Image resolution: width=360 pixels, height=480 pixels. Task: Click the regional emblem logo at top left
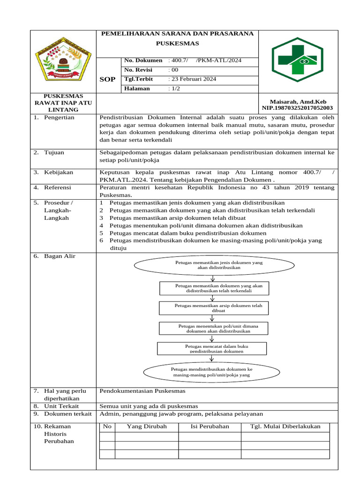pyautogui.click(x=63, y=61)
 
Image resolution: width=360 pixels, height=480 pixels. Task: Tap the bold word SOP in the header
pyautogui.click(x=107, y=79)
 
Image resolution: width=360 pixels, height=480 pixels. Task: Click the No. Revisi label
pyautogui.click(x=138, y=69)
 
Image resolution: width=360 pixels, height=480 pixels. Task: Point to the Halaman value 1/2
pyautogui.click(x=174, y=88)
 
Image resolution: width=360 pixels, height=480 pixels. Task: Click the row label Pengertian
pyautogui.click(x=59, y=117)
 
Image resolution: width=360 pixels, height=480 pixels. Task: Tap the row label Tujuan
pyautogui.click(x=54, y=152)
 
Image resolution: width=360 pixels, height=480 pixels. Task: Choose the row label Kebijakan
pyautogui.click(x=59, y=172)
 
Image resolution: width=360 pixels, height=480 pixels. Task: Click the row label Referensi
pyautogui.click(x=58, y=187)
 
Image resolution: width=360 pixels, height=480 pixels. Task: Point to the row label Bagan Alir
pyautogui.click(x=60, y=256)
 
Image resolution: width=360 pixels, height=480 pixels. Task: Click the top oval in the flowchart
pyautogui.click(x=214, y=265)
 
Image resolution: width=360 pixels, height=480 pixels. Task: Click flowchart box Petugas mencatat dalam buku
pyautogui.click(x=212, y=348)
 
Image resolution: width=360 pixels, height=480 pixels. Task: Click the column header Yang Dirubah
pyautogui.click(x=147, y=426)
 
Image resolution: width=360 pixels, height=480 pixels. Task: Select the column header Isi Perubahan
pyautogui.click(x=210, y=426)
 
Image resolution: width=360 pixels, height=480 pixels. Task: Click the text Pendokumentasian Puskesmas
pyautogui.click(x=143, y=390)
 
